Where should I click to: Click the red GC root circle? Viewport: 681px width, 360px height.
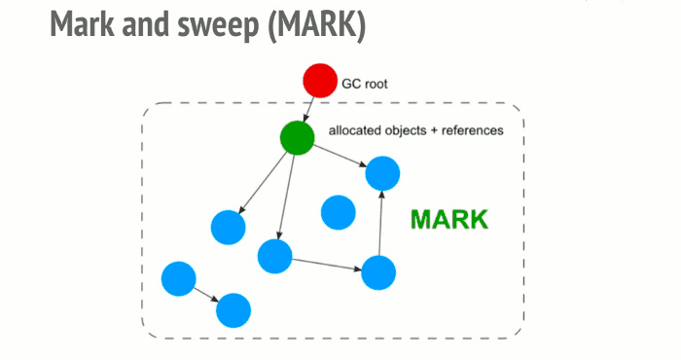[x=319, y=81]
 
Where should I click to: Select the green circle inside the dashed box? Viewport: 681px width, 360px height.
[x=297, y=138]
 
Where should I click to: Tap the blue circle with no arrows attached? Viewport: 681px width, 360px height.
[x=338, y=212]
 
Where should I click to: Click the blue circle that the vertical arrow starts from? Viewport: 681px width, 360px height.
[x=378, y=272]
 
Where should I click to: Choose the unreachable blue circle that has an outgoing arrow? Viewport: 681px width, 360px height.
[x=179, y=279]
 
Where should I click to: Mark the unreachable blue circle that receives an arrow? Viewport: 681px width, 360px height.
[x=233, y=310]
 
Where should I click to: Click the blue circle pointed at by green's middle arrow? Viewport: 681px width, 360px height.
[x=275, y=256]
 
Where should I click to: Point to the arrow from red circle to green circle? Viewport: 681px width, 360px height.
[x=308, y=109]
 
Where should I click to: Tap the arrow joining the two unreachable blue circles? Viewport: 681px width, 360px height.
[x=206, y=295]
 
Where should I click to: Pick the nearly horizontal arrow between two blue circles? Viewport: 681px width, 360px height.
[x=327, y=264]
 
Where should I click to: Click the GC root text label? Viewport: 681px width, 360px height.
[x=364, y=85]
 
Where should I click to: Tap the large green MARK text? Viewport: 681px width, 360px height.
[x=448, y=219]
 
